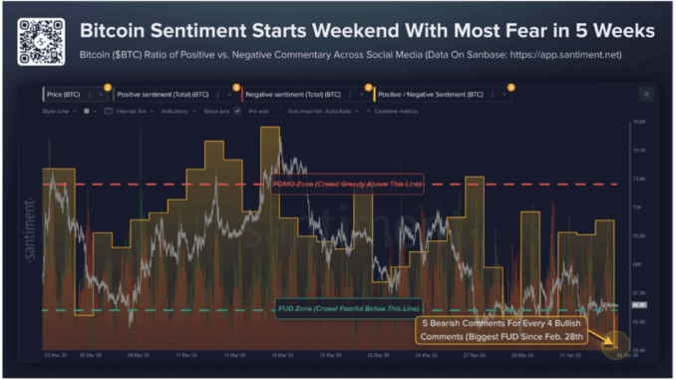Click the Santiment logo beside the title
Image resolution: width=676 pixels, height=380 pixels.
[x=40, y=40]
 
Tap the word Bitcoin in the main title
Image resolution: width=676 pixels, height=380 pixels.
[x=119, y=31]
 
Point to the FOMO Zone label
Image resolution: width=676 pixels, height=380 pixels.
[x=347, y=185]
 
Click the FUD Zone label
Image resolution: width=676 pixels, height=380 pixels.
[x=347, y=310]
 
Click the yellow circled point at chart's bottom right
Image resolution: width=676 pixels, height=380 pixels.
[x=616, y=344]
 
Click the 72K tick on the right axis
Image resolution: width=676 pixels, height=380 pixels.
[x=639, y=207]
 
